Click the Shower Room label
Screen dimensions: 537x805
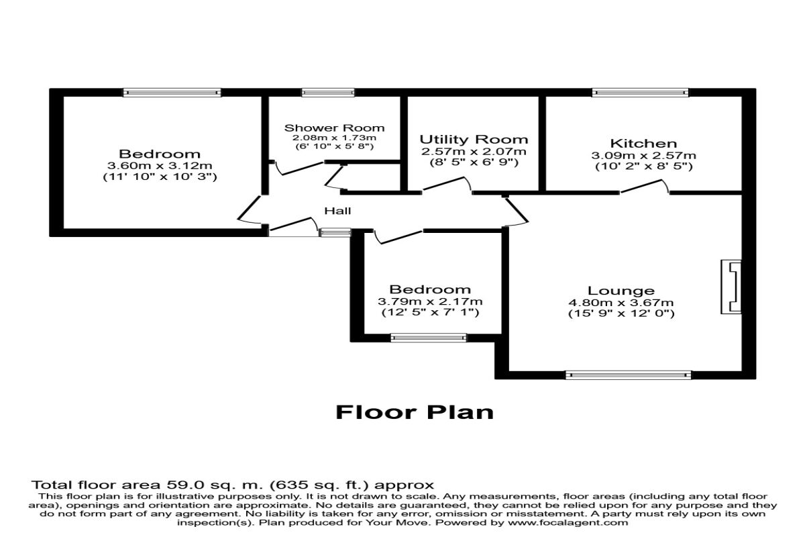click(334, 128)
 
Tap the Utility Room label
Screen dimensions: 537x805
click(474, 140)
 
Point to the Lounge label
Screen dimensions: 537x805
click(621, 291)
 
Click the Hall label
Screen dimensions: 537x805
click(337, 211)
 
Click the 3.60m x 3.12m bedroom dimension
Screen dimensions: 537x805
click(160, 166)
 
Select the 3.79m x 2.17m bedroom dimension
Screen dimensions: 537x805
click(430, 301)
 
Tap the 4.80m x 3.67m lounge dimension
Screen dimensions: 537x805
click(621, 302)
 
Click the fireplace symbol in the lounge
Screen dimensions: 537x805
click(731, 287)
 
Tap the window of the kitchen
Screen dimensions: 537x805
click(640, 93)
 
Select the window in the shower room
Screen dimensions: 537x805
click(319, 93)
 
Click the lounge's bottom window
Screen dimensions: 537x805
click(628, 375)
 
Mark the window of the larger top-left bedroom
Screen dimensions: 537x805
click(172, 93)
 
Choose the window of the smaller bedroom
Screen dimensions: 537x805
click(429, 338)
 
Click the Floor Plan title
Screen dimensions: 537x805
click(415, 411)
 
